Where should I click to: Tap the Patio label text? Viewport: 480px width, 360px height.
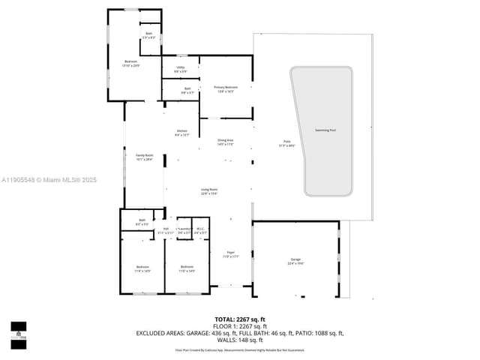pos(286,142)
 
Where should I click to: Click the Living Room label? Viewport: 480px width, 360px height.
pos(209,190)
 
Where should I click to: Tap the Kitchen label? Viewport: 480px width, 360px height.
pos(182,132)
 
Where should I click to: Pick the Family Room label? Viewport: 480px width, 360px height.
pos(144,157)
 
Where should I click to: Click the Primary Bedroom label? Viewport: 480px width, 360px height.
pos(225,88)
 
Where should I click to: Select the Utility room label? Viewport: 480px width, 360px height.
pos(181,69)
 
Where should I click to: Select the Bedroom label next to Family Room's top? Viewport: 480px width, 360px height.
pos(131,62)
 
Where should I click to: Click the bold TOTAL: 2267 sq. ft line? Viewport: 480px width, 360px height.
pos(239,319)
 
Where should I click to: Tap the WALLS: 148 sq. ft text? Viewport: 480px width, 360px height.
pos(239,340)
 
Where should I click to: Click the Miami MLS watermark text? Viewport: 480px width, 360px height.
pos(49,180)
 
